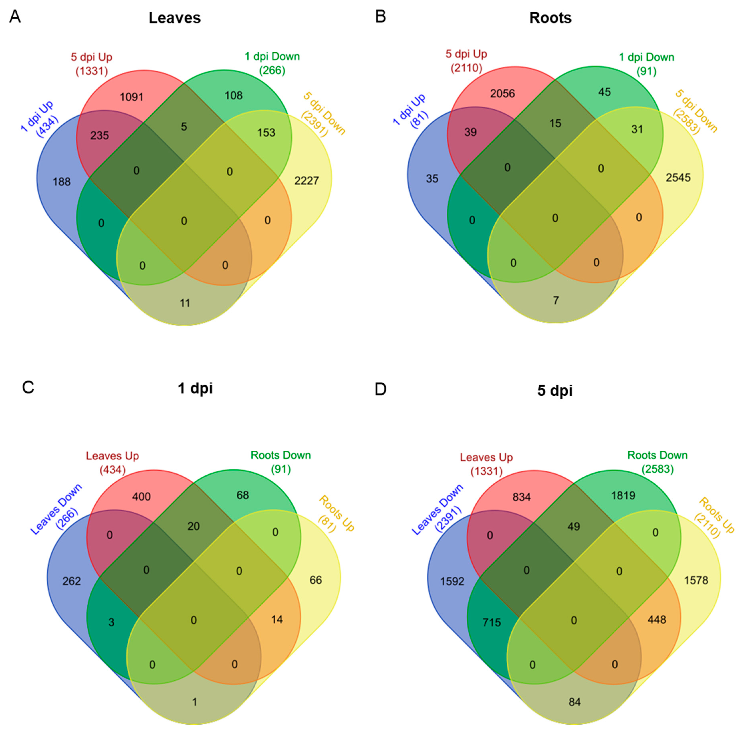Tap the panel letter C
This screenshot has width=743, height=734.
[28, 387]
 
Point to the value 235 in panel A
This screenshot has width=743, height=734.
[100, 135]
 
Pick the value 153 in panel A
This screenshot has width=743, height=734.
[266, 133]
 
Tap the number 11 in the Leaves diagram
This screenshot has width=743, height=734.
[185, 303]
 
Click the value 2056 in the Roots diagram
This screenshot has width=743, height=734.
[502, 93]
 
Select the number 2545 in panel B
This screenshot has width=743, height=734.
[678, 178]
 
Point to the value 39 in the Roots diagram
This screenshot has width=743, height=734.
[470, 132]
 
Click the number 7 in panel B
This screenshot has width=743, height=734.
[556, 300]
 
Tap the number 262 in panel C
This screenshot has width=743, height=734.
[72, 581]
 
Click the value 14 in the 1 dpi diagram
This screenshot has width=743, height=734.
[277, 619]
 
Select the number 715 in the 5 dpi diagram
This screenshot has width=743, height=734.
[492, 622]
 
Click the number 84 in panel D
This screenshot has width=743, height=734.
[574, 702]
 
